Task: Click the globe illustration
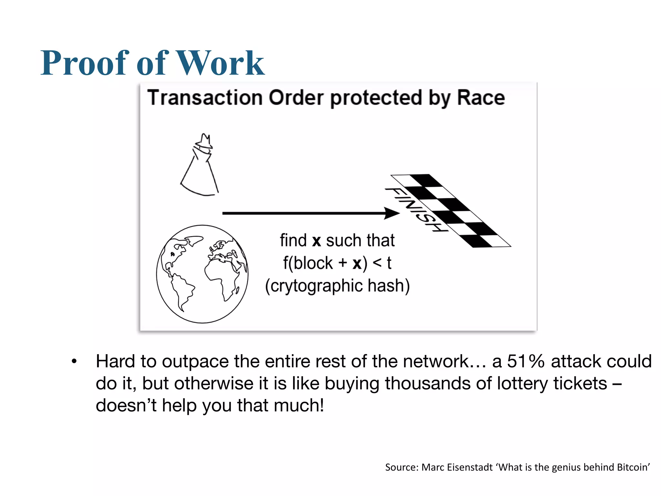(202, 274)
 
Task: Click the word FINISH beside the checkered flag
(416, 209)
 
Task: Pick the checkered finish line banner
(452, 211)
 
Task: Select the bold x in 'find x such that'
(316, 241)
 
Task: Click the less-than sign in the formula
(377, 263)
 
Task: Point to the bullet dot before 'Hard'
(74, 361)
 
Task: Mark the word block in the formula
(313, 263)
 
